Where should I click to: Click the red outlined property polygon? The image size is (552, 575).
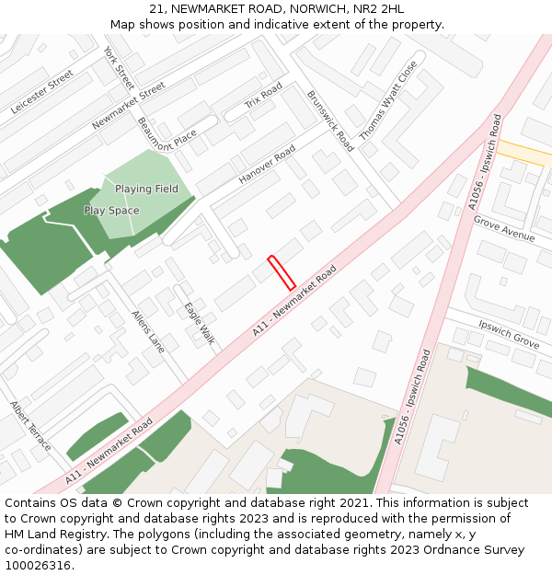(x=281, y=272)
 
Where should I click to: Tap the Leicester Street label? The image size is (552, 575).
(x=42, y=93)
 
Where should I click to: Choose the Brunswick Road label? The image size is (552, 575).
(x=330, y=121)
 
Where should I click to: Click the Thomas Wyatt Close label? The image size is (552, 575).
(x=387, y=100)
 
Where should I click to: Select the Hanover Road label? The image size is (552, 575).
(x=267, y=164)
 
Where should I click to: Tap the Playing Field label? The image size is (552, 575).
(x=146, y=190)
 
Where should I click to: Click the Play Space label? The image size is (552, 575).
(x=111, y=211)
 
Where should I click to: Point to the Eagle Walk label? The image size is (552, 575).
(x=199, y=324)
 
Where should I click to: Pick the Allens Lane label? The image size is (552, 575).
(x=148, y=331)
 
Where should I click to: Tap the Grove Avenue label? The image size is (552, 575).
(x=504, y=230)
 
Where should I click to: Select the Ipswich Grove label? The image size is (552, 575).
(x=509, y=333)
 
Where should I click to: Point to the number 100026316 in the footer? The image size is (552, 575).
(x=40, y=566)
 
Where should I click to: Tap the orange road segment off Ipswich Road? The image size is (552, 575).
(x=524, y=153)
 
